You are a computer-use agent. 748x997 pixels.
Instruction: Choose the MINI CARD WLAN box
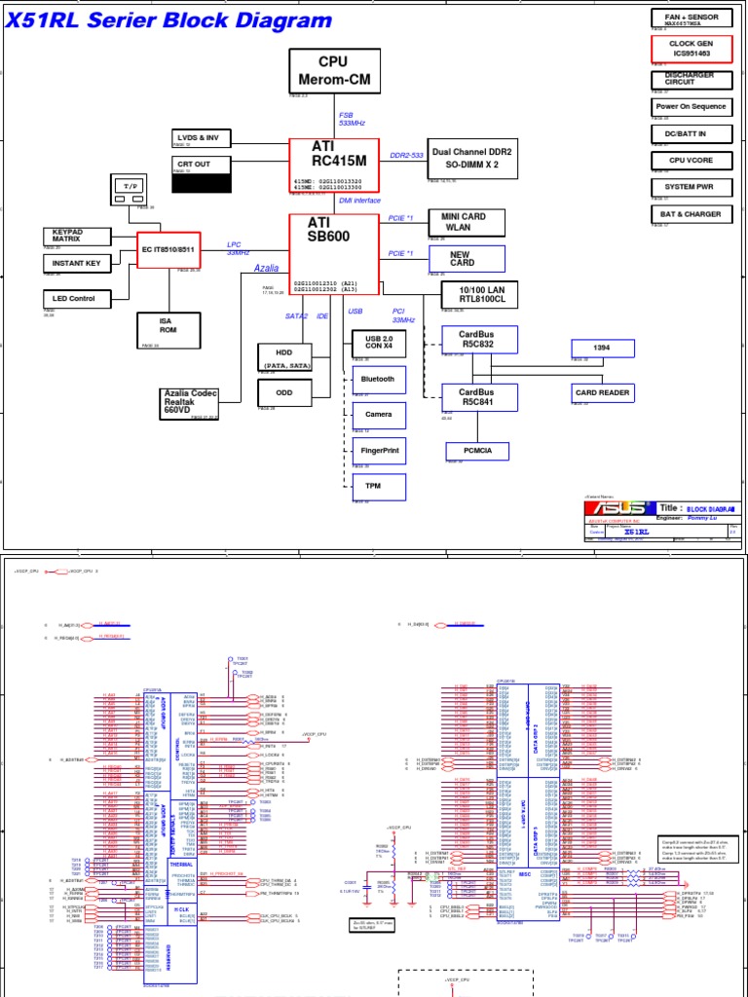pyautogui.click(x=472, y=222)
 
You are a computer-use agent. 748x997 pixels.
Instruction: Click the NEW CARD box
pyautogui.click(x=472, y=258)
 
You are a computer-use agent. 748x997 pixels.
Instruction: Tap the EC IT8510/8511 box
pyautogui.click(x=169, y=249)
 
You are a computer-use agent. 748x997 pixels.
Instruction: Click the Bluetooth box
pyautogui.click(x=378, y=379)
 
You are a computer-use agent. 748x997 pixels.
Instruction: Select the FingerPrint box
pyautogui.click(x=378, y=451)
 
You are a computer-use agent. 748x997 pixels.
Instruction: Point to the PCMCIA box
pyautogui.click(x=476, y=450)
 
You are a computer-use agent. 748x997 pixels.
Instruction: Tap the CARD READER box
pyautogui.click(x=603, y=392)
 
